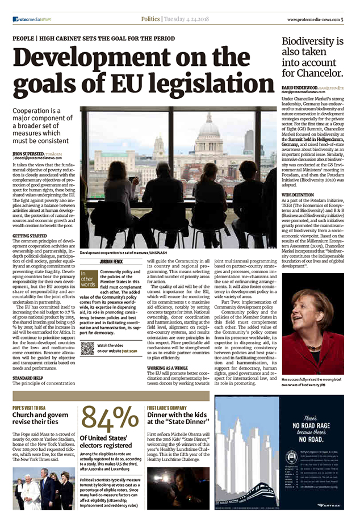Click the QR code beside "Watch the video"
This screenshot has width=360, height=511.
(87, 349)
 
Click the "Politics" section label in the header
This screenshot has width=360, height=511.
(150, 19)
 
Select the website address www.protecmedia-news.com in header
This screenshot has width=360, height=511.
(312, 19)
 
